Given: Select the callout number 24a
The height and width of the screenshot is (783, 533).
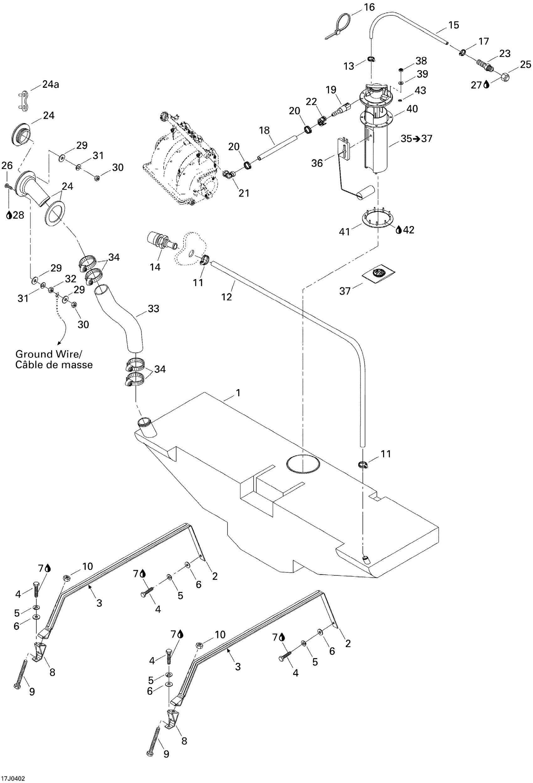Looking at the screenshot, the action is (x=50, y=84).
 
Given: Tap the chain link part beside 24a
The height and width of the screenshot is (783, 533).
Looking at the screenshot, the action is (x=23, y=100).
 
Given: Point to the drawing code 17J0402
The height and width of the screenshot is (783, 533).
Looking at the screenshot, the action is (x=13, y=778).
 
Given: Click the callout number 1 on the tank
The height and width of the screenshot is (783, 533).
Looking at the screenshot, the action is (x=238, y=393).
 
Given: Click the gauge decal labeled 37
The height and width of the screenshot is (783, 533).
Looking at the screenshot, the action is (x=378, y=272).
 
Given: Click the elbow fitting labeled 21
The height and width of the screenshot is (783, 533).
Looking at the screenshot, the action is (x=230, y=175).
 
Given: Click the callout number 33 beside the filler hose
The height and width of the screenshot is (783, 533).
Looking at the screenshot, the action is (x=153, y=309).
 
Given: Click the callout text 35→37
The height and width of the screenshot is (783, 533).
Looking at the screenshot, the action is (x=416, y=139).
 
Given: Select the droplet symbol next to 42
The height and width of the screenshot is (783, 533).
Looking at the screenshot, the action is (x=398, y=230).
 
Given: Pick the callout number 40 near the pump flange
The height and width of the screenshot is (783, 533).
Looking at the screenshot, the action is (x=412, y=109).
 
